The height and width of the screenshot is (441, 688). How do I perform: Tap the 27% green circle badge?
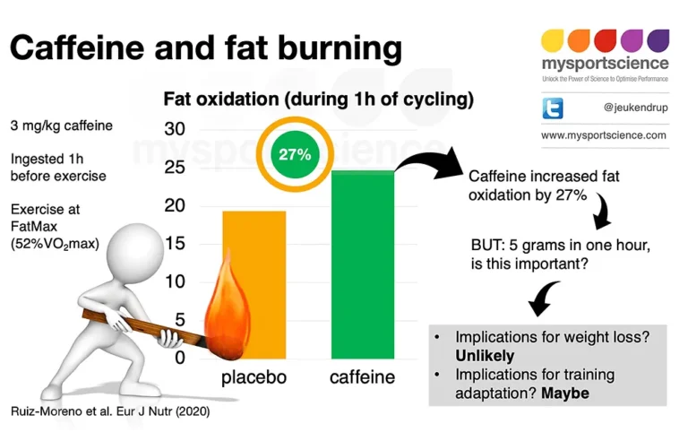click(294, 154)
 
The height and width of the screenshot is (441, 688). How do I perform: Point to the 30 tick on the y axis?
click(175, 129)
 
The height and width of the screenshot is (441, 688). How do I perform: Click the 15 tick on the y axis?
click(175, 243)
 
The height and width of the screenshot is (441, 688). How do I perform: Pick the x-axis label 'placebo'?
click(254, 377)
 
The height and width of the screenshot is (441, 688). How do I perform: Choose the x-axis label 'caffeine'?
click(362, 377)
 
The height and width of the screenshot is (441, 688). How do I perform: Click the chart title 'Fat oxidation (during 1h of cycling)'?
click(318, 98)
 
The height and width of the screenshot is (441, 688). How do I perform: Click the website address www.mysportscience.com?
click(604, 135)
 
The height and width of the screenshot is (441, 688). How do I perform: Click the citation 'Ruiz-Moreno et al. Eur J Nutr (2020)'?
click(112, 415)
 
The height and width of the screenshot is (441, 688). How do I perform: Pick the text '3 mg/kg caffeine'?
click(62, 125)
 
